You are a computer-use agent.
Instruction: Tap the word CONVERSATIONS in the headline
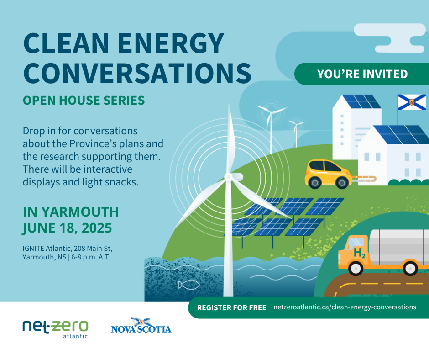(137, 72)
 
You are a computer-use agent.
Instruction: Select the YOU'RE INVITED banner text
(362, 74)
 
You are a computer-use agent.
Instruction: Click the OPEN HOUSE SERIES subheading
(84, 100)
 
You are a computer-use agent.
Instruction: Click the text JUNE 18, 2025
(67, 227)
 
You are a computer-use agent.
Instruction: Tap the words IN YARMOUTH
(71, 212)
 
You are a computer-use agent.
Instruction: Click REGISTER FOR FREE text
(231, 307)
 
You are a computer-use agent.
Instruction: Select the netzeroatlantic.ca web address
(345, 307)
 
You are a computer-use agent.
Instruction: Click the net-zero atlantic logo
(55, 328)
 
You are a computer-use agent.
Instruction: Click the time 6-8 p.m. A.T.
(95, 257)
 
